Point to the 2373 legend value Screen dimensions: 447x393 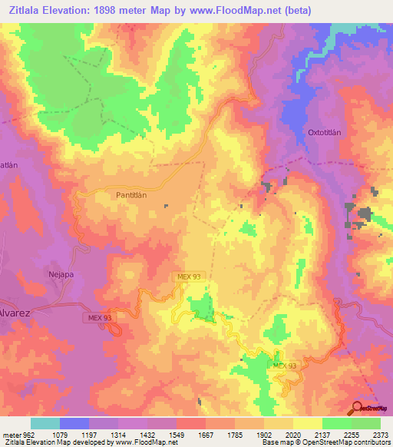[x=380, y=433]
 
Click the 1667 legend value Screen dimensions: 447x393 [x=204, y=433]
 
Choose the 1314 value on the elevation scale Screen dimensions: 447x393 [x=117, y=433]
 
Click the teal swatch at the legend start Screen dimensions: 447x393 [x=45, y=423]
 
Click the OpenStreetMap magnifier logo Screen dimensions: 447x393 [x=357, y=407]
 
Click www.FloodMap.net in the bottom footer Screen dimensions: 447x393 [x=145, y=442]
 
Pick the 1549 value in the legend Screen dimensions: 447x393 [x=175, y=433]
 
